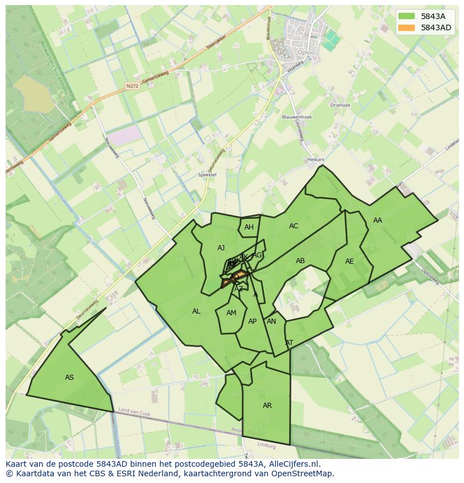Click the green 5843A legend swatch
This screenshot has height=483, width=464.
(406, 16)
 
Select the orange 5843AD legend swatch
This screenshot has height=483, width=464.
(406, 27)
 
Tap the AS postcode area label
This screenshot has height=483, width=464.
(69, 378)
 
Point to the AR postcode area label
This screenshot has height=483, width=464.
(267, 406)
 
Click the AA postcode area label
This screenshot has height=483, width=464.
(378, 220)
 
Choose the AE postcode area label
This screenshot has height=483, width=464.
(350, 261)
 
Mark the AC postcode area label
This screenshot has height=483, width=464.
(294, 226)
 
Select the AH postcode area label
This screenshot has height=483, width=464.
(249, 227)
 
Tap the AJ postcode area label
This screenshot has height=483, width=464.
(221, 248)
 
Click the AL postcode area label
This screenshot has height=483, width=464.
(196, 311)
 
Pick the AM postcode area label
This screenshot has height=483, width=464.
(231, 313)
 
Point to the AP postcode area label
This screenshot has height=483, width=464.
(252, 321)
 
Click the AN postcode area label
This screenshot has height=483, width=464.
(271, 321)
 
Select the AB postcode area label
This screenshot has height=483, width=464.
(300, 261)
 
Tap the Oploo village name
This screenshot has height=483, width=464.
(306, 53)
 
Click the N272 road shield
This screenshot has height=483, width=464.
(132, 86)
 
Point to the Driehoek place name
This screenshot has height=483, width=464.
(340, 104)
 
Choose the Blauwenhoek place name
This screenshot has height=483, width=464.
(297, 117)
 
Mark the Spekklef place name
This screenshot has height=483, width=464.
(207, 175)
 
